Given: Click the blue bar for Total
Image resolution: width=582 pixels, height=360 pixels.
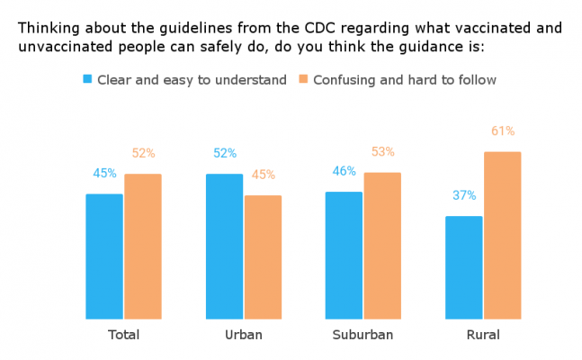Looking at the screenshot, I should pyautogui.click(x=104, y=256).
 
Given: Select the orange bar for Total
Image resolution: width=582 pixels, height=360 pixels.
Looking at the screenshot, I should pyautogui.click(x=143, y=247).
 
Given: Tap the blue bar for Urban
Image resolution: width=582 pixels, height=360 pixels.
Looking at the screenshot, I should pyautogui.click(x=224, y=247).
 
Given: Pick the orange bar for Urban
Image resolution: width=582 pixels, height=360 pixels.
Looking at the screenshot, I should pyautogui.click(x=263, y=257).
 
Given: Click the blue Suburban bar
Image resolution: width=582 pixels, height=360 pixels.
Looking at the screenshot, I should pyautogui.click(x=344, y=256).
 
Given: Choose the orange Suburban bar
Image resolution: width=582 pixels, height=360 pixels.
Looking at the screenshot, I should pyautogui.click(x=382, y=246).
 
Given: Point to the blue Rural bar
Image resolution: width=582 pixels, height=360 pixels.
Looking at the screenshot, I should pyautogui.click(x=464, y=267).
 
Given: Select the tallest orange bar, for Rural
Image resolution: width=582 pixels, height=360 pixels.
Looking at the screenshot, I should pyautogui.click(x=502, y=236).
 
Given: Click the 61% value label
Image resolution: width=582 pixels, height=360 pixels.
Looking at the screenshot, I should pyautogui.click(x=503, y=131).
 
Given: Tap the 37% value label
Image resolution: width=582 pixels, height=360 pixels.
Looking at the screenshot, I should pyautogui.click(x=464, y=195).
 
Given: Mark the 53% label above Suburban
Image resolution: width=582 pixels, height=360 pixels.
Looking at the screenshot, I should pyautogui.click(x=382, y=152).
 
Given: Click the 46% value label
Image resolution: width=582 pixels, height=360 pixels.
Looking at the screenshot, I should pyautogui.click(x=344, y=171).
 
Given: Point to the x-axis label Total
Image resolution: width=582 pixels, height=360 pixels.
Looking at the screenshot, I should pyautogui.click(x=123, y=335).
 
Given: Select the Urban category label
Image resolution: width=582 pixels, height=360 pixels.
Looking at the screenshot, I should pyautogui.click(x=243, y=335).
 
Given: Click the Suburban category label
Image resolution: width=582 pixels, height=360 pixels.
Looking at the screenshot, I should pyautogui.click(x=363, y=335).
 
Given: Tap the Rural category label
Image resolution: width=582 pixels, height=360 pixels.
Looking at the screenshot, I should pyautogui.click(x=483, y=335).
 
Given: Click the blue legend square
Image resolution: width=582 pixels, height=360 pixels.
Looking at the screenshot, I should pyautogui.click(x=87, y=79).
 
